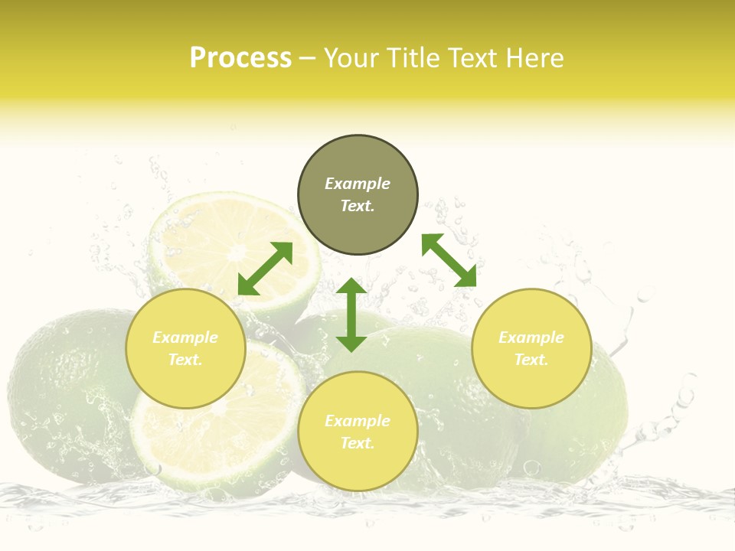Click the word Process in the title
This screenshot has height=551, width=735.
coord(240,58)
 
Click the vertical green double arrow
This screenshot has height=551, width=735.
coord(351,315)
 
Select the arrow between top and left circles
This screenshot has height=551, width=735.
coord(265,269)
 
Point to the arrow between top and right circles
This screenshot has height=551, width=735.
coord(449,260)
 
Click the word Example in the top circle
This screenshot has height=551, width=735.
coord(358,184)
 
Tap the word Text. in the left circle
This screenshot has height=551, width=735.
coord(185,360)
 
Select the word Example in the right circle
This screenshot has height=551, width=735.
coord(531,337)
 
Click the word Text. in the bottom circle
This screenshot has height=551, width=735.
coord(358,443)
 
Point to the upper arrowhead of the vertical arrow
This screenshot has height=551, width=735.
coord(351,288)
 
